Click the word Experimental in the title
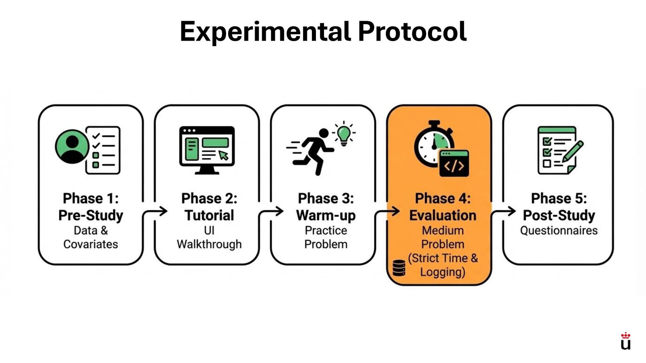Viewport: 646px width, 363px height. point(265,31)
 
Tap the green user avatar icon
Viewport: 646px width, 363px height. point(72,147)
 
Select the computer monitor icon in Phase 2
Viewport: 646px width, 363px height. point(207,150)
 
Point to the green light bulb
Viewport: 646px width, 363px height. point(344,134)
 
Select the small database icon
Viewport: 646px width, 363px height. point(399,268)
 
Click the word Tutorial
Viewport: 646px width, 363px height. point(209,215)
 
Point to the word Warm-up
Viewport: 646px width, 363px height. point(326,215)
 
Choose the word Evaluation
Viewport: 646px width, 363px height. point(442,215)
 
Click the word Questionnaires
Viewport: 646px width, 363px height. point(559,231)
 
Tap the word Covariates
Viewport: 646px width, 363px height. point(91,244)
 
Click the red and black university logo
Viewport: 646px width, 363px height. point(625,341)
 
